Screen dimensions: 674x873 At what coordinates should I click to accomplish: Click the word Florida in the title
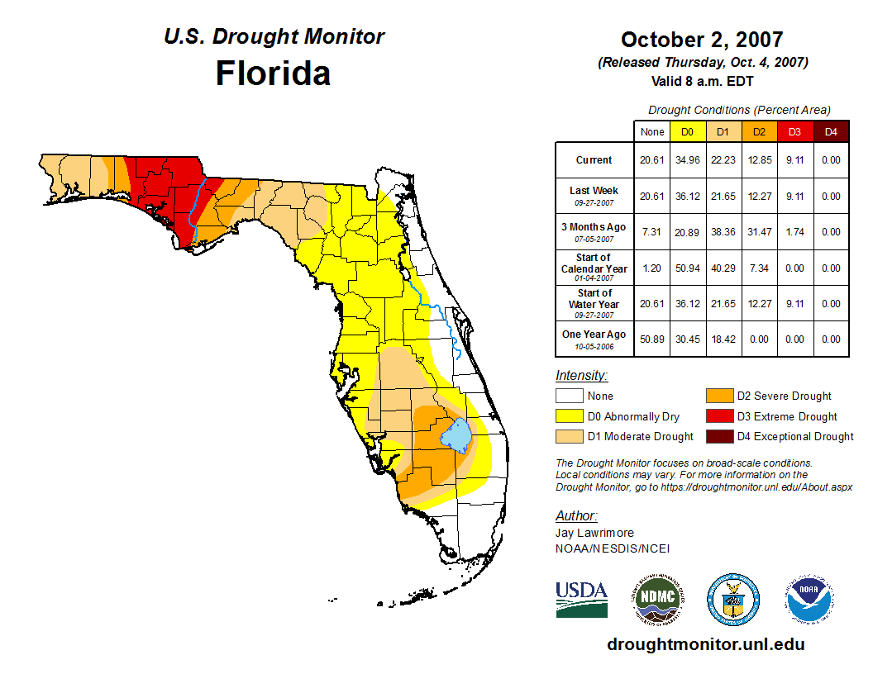click(273, 73)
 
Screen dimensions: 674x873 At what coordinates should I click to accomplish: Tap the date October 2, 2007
click(702, 40)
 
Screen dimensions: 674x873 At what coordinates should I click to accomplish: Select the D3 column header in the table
click(794, 131)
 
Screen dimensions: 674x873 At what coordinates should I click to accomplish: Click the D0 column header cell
click(687, 131)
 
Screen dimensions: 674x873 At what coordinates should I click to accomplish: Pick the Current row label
click(594, 160)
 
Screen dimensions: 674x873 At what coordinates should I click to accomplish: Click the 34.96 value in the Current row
click(687, 160)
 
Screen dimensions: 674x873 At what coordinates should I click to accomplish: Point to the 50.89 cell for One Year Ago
click(652, 339)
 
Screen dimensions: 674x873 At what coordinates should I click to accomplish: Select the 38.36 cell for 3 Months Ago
click(723, 232)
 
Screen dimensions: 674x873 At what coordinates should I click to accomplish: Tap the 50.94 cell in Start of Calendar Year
click(687, 268)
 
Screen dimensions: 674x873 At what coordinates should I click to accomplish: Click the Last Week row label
click(594, 191)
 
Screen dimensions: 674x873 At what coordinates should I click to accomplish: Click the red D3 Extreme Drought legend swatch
click(718, 416)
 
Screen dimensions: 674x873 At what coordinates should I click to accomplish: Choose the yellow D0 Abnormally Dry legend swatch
click(570, 416)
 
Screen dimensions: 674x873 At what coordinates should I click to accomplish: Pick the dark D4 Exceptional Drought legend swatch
click(718, 436)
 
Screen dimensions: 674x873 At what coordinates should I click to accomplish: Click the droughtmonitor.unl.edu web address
click(706, 644)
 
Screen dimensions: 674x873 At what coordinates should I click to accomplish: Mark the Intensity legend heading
click(581, 376)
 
